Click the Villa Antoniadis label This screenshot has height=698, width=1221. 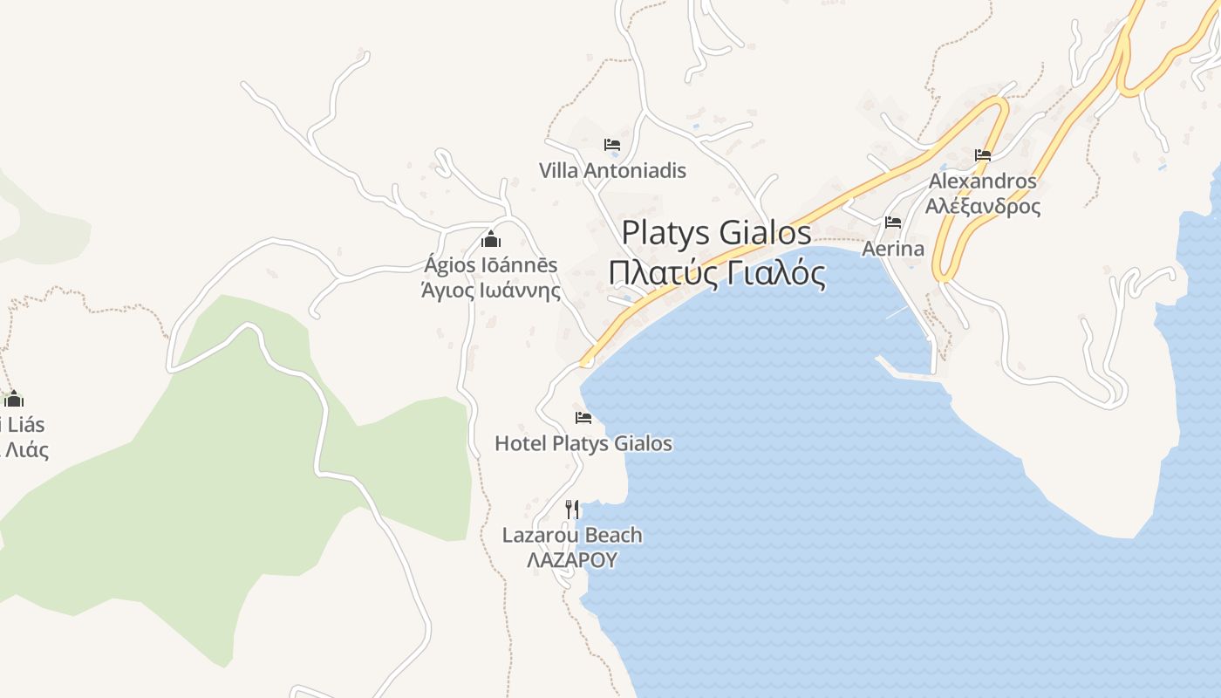[x=612, y=170]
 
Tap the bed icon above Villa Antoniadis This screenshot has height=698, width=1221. [x=612, y=145]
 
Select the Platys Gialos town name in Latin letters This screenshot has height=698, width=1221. [x=716, y=233]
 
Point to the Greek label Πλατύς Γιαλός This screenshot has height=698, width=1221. [x=717, y=273]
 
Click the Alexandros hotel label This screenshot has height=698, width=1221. [x=983, y=181]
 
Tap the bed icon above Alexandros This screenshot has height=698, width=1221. [x=983, y=156]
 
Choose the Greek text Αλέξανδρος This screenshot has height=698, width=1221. [x=983, y=207]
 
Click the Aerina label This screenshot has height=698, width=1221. [x=893, y=249]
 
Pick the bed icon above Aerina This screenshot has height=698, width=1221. [x=893, y=222]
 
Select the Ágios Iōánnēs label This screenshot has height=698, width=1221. [x=491, y=264]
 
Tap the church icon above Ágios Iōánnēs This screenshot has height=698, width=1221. [x=491, y=239]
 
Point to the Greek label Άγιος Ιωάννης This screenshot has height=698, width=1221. [x=491, y=290]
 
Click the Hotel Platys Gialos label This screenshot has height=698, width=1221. [x=583, y=443]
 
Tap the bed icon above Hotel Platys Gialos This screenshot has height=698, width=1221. [x=583, y=418]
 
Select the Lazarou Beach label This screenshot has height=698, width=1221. [x=572, y=535]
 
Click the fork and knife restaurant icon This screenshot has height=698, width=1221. [x=572, y=509]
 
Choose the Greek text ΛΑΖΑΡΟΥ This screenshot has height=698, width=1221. [x=572, y=560]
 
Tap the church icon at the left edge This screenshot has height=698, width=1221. [x=13, y=400]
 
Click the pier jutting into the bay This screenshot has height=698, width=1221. [x=907, y=371]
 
